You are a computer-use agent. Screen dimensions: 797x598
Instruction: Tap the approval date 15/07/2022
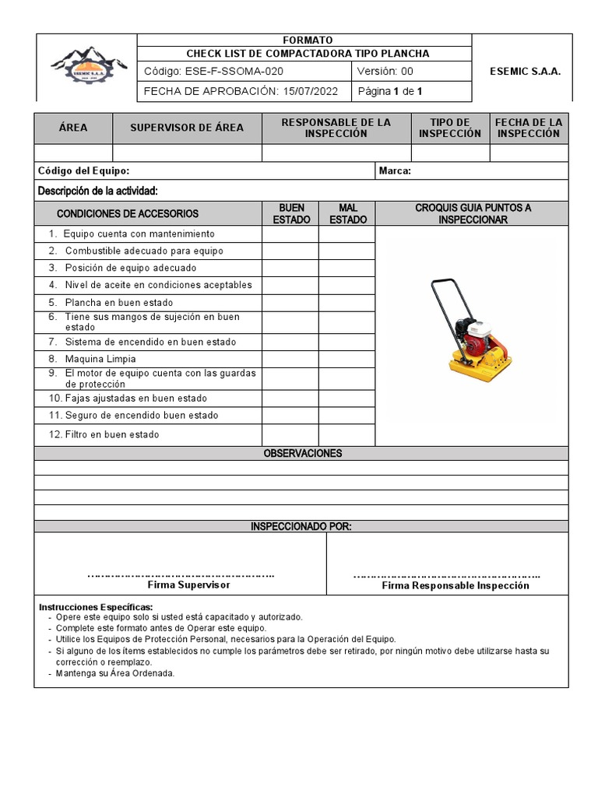coord(309,92)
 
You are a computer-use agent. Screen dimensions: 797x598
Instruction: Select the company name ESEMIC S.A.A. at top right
coord(525,72)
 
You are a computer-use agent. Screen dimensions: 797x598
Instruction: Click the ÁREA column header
coord(73,128)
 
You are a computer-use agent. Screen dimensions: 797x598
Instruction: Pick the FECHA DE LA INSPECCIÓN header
coord(529,128)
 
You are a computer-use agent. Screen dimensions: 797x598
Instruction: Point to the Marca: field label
coord(395,171)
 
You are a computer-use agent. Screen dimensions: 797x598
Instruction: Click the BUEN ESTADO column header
coord(290,214)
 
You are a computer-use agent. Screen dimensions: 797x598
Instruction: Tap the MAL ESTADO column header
coord(347,214)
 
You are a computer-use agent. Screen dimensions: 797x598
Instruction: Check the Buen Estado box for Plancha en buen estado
coord(290,302)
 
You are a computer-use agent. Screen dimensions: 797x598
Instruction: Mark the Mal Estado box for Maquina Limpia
coord(347,359)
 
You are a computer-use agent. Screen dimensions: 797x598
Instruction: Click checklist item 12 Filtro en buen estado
coord(104,434)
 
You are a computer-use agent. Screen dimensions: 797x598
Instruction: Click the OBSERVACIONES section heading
coord(302,453)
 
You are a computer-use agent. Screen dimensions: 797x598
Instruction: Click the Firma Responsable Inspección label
coord(455,585)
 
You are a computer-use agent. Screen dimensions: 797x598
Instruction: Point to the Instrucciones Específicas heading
coord(96,607)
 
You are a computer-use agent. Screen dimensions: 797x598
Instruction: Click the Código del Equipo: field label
coord(84,171)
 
